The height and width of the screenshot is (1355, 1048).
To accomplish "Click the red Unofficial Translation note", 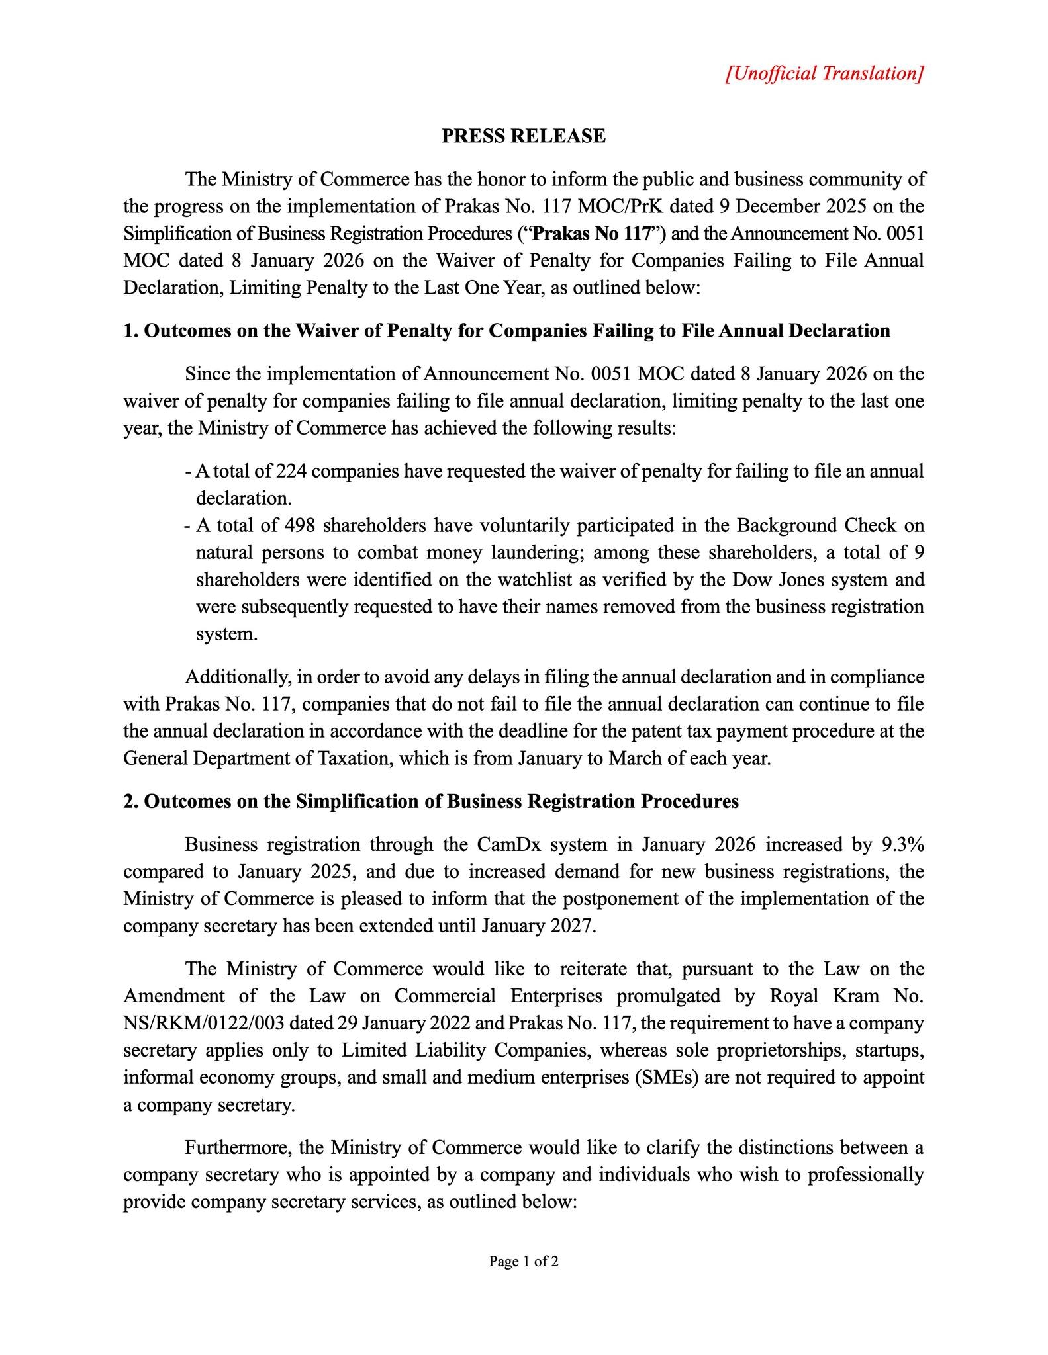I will [x=824, y=73].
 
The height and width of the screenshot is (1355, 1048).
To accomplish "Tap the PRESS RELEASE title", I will [x=523, y=136].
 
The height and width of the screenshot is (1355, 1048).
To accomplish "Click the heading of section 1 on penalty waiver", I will [x=506, y=331].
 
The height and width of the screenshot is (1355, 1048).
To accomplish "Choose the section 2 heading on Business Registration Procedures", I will [x=430, y=802].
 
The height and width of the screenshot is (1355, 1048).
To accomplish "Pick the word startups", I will [x=890, y=1051].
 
